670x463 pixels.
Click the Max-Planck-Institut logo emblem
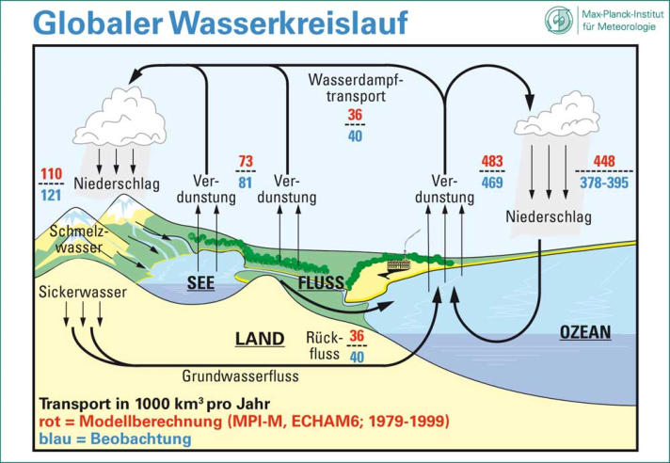(559, 20)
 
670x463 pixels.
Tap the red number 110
(52, 174)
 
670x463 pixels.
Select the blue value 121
(51, 196)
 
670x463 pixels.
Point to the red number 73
(246, 162)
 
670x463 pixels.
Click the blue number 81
(246, 183)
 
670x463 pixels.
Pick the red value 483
(492, 162)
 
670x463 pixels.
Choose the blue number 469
(492, 183)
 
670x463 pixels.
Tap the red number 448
(604, 162)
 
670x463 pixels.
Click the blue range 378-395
(604, 183)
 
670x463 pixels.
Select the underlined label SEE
(200, 283)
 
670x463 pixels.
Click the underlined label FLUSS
(321, 282)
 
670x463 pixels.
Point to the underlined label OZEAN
(585, 332)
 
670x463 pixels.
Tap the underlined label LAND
(260, 339)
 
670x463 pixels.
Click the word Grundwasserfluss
(240, 376)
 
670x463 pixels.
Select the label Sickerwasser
(83, 292)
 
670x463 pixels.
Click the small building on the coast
(399, 263)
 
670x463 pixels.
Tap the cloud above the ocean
(557, 115)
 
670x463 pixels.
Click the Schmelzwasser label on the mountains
(79, 240)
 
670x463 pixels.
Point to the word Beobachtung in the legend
(140, 439)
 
